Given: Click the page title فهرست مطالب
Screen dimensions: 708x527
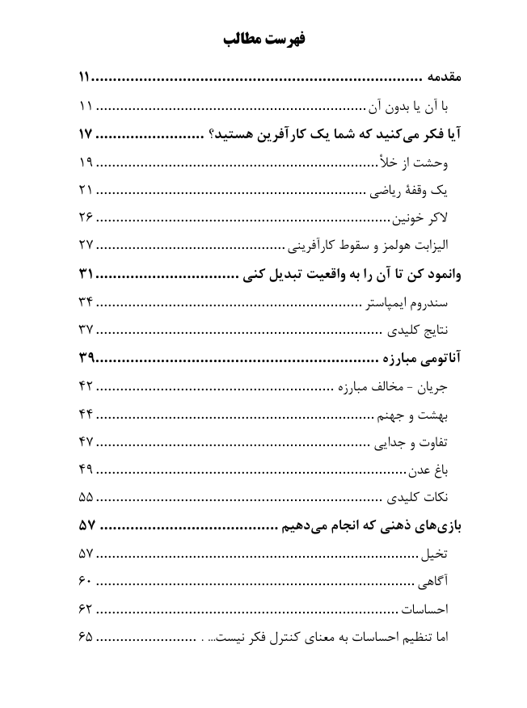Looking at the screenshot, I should pos(263,38).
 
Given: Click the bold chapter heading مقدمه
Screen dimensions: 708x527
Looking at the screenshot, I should pos(443,79).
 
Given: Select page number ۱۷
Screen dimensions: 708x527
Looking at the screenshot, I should pos(86,134).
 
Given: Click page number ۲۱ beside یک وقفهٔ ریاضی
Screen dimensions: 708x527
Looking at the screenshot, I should pos(86,191).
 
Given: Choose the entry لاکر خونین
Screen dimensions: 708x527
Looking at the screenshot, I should pos(420,218).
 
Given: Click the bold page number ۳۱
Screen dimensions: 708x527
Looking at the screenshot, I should pos(86,274).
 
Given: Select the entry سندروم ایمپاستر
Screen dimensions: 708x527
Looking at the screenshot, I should pos(403,302).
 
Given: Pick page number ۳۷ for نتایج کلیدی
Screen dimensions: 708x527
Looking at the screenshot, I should pos(86,330).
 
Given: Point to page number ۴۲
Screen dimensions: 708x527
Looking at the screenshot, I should pos(86,386).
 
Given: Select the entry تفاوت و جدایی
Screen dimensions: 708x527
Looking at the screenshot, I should pos(411,441).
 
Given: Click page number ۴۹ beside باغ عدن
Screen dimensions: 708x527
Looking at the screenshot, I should pos(86,470).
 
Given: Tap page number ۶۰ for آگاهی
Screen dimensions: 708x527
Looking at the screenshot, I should pos(86,581).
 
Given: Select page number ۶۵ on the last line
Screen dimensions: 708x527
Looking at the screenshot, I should pos(86,637).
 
